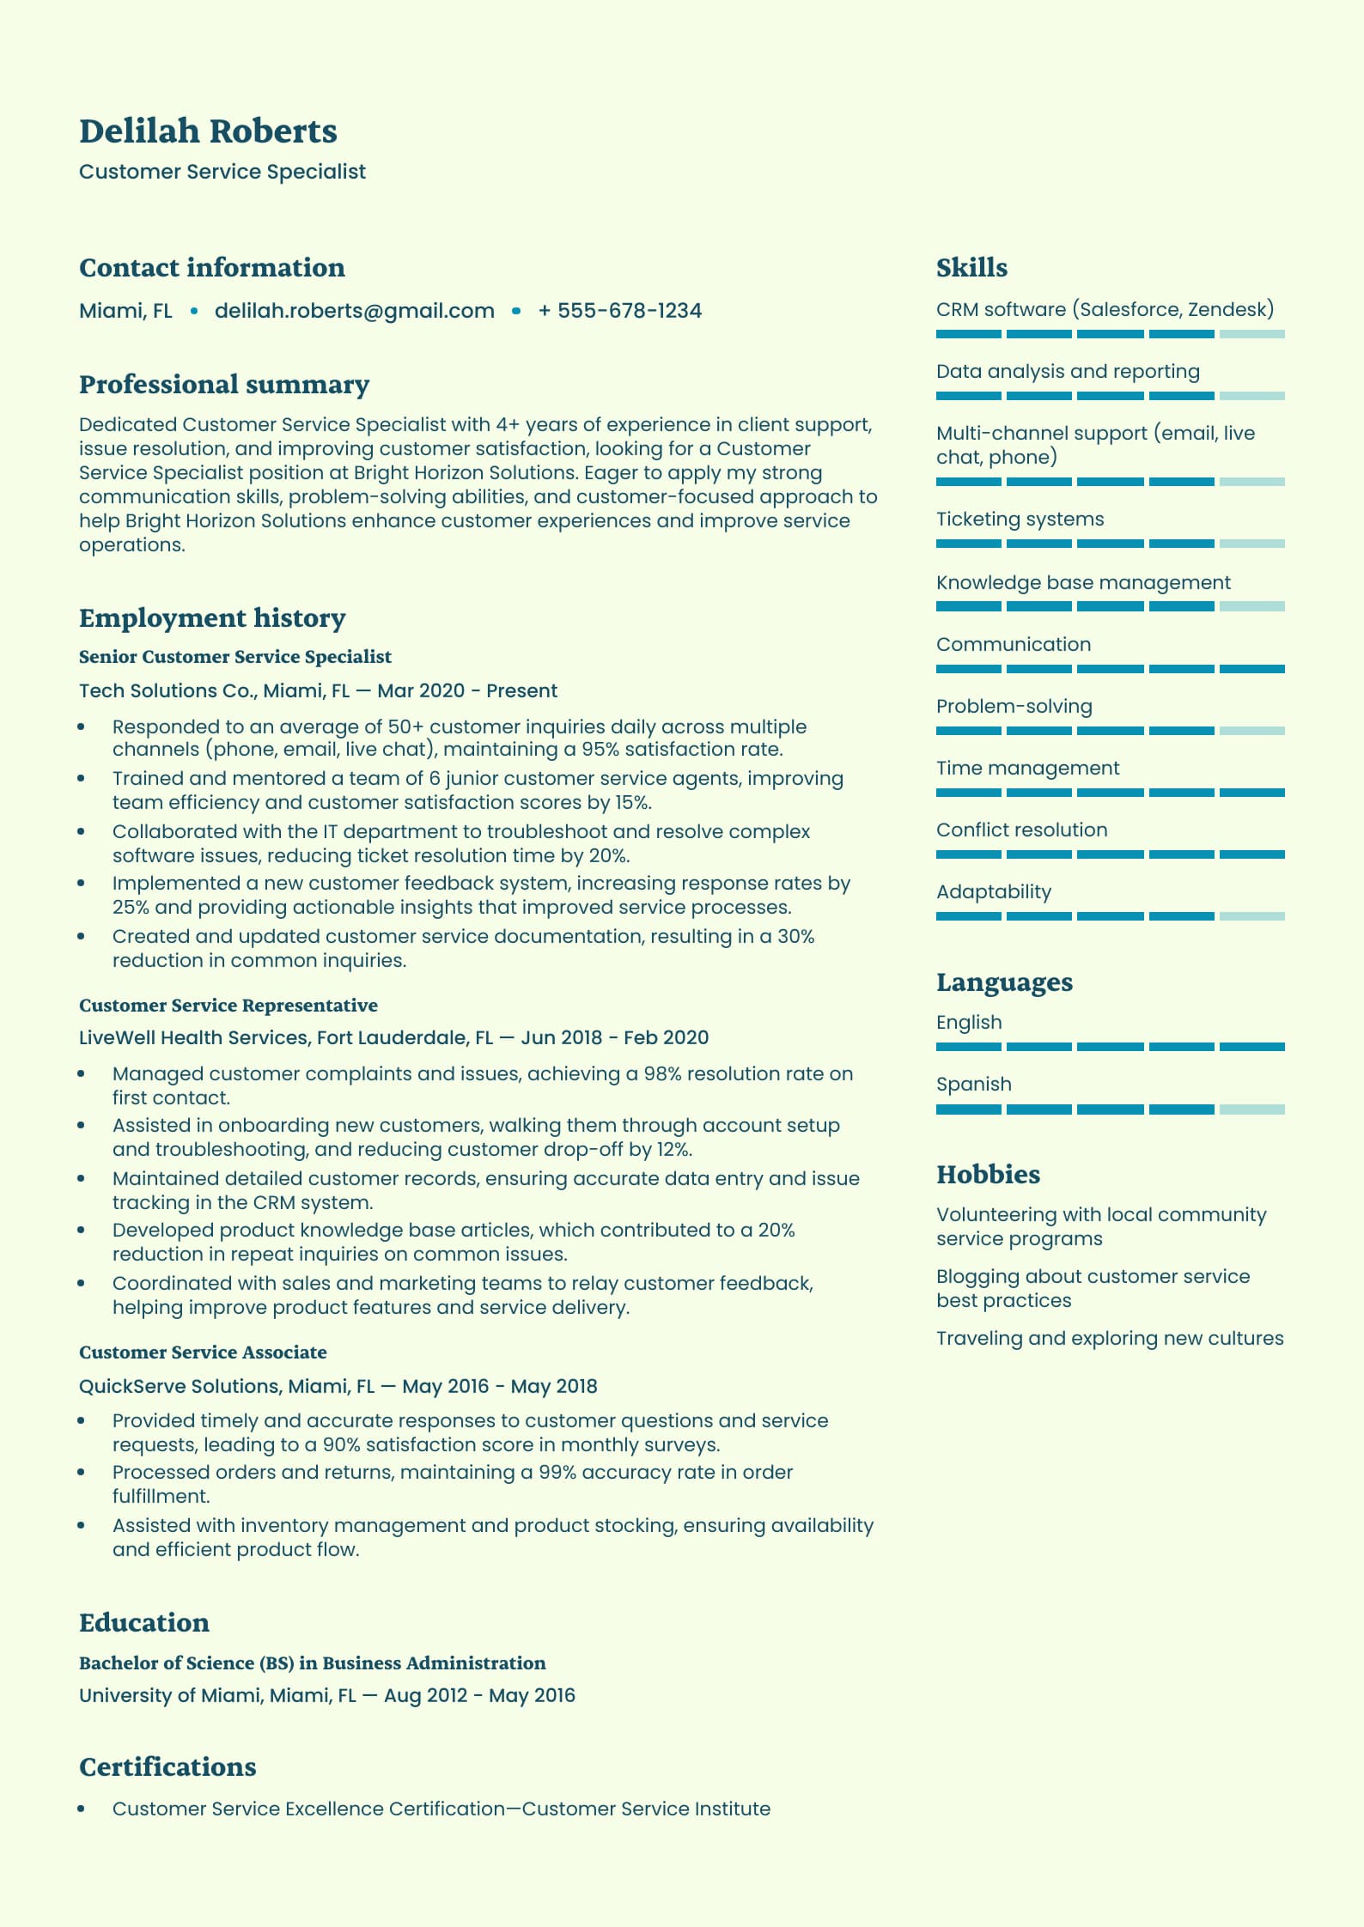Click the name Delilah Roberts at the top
[x=208, y=131]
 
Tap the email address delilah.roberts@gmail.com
[x=354, y=311]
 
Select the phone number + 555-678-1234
[x=619, y=311]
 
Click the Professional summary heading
[x=224, y=385]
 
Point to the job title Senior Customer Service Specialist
[x=234, y=657]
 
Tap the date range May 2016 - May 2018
[x=499, y=1387]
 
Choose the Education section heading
[x=144, y=1623]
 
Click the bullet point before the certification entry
[x=82, y=1809]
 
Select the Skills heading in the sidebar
[x=971, y=268]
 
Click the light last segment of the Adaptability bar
[x=1251, y=916]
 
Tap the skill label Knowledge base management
[x=1083, y=583]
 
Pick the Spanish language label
[x=973, y=1085]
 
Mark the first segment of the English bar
[x=968, y=1047]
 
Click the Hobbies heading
[x=988, y=1175]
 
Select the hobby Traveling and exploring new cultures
[x=1110, y=1339]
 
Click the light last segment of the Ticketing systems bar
[x=1251, y=544]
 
